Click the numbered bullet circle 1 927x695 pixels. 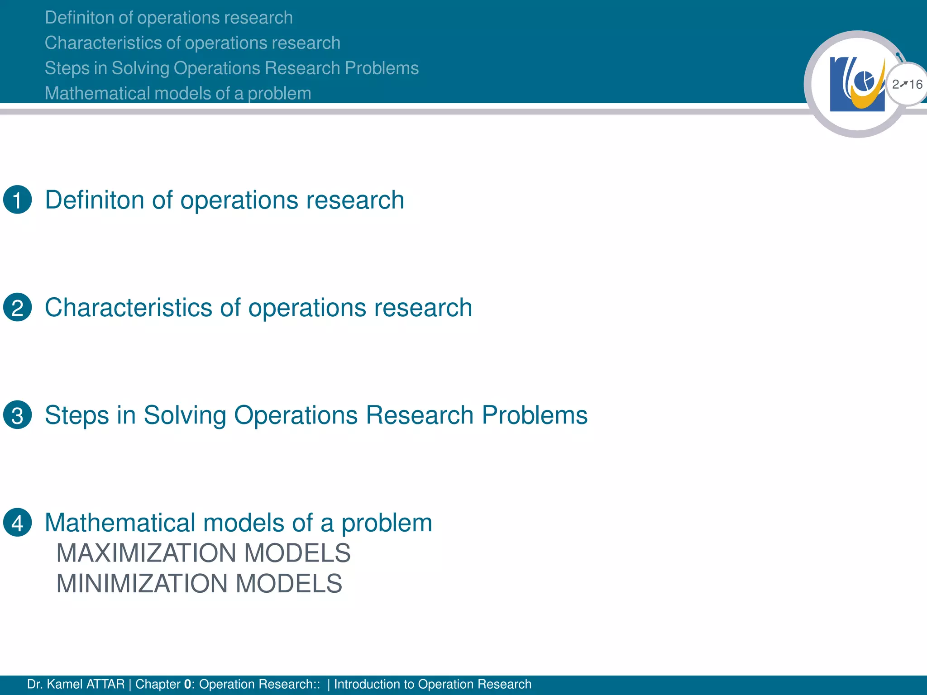(x=17, y=200)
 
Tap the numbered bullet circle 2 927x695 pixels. (x=17, y=307)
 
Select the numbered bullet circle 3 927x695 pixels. (x=17, y=415)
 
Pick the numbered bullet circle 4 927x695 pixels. (x=17, y=523)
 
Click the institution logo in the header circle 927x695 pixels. (x=857, y=84)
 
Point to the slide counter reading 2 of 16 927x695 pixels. (x=907, y=84)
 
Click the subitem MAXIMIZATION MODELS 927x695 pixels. (x=203, y=553)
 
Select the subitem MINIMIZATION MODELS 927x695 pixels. (x=199, y=583)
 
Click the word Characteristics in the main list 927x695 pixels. (x=129, y=308)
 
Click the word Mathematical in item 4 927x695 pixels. (x=120, y=523)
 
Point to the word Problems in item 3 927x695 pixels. (x=534, y=415)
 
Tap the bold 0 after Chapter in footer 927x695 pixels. (x=187, y=684)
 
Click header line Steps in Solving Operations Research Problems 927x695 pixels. (x=231, y=68)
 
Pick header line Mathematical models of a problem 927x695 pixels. (x=178, y=93)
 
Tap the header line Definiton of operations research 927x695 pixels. (x=168, y=18)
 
